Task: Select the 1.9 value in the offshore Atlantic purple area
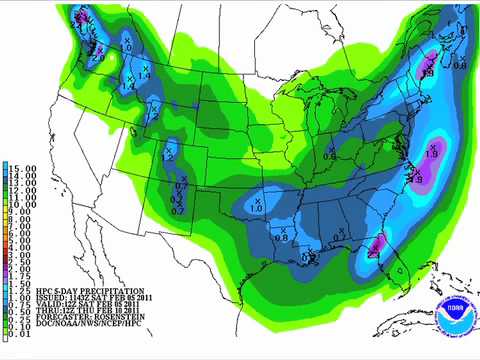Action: (x=432, y=151)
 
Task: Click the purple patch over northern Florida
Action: (x=378, y=240)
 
